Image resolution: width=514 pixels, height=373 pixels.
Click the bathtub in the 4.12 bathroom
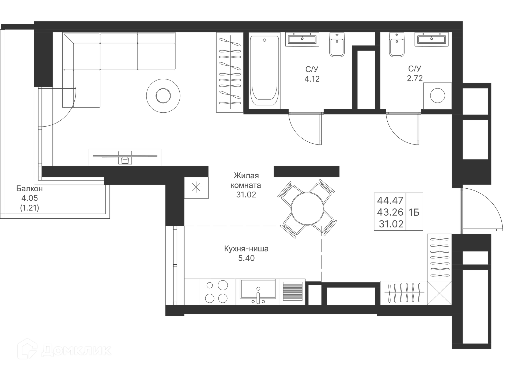[x=264, y=71]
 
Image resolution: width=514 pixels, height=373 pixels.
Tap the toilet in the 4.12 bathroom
[x=337, y=45]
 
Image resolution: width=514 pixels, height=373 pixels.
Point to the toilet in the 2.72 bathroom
[x=396, y=45]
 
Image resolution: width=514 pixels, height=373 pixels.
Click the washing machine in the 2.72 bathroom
[x=437, y=96]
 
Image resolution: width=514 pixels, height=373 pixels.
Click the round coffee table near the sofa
[x=163, y=96]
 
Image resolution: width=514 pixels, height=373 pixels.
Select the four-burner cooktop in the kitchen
[x=217, y=292]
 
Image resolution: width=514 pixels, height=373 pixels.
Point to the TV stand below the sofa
[x=125, y=157]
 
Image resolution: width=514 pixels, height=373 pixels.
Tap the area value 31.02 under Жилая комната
[x=246, y=195]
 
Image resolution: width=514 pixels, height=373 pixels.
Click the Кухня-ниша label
[x=246, y=249]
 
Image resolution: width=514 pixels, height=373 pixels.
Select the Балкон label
[x=29, y=189]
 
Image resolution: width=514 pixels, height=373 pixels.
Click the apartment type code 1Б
[x=414, y=212]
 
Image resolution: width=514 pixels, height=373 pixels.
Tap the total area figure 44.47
[x=390, y=200]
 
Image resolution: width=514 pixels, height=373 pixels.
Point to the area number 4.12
[x=312, y=79]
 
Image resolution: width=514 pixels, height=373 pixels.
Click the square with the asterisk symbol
[x=196, y=188]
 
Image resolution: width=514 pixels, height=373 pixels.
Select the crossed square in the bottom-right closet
[x=439, y=293]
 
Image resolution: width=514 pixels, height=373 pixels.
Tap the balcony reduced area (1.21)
[x=29, y=208]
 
